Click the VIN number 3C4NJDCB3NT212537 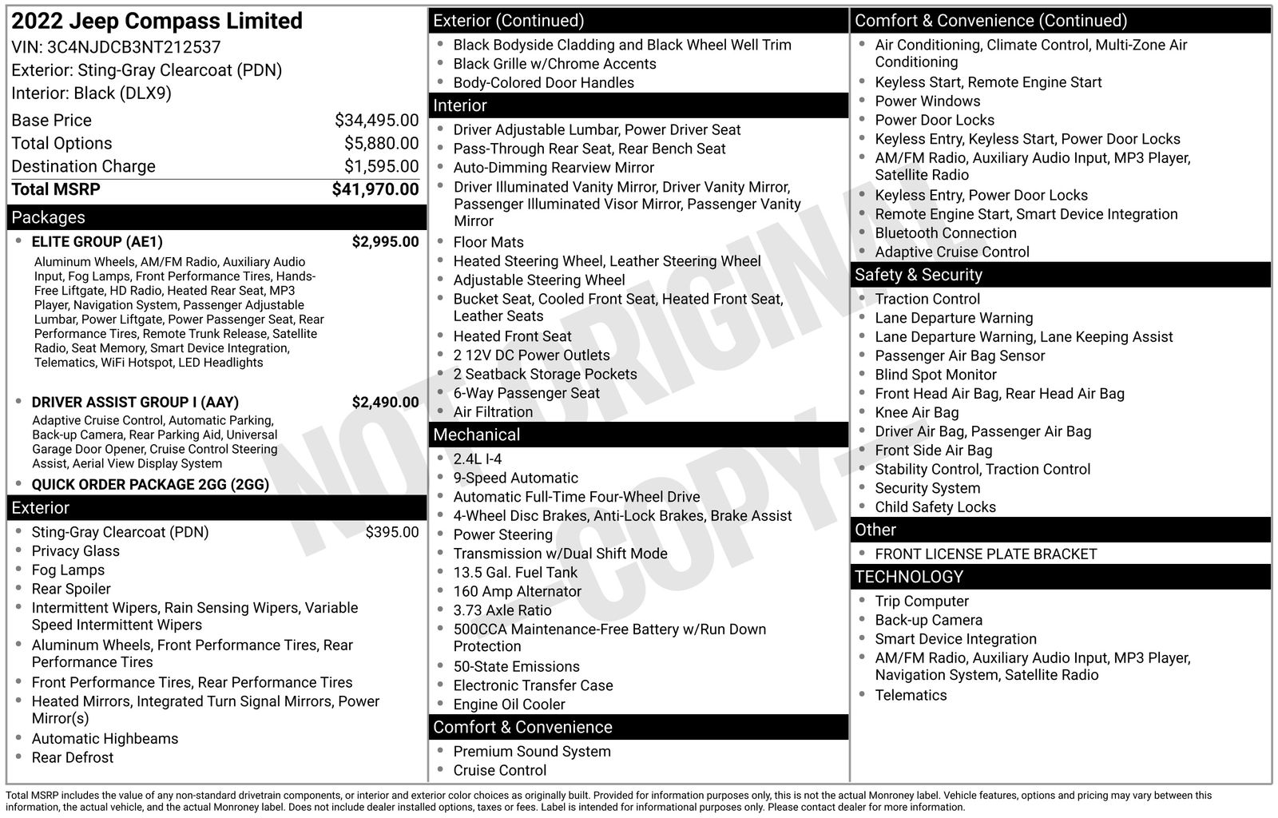(135, 47)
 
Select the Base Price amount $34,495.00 (376, 121)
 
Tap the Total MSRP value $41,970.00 (375, 189)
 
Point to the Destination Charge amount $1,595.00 (381, 166)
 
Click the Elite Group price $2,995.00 (385, 242)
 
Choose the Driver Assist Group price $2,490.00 (385, 403)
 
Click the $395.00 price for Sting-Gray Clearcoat (391, 532)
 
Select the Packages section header (49, 217)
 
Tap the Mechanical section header (476, 435)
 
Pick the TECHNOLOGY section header (908, 577)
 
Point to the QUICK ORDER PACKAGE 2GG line (150, 485)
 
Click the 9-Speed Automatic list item (515, 478)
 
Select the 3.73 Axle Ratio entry (502, 610)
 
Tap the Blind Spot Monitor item (935, 375)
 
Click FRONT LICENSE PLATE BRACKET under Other (986, 554)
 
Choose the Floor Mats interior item (488, 242)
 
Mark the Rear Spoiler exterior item (71, 589)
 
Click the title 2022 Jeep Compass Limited (157, 21)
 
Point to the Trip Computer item (921, 602)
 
